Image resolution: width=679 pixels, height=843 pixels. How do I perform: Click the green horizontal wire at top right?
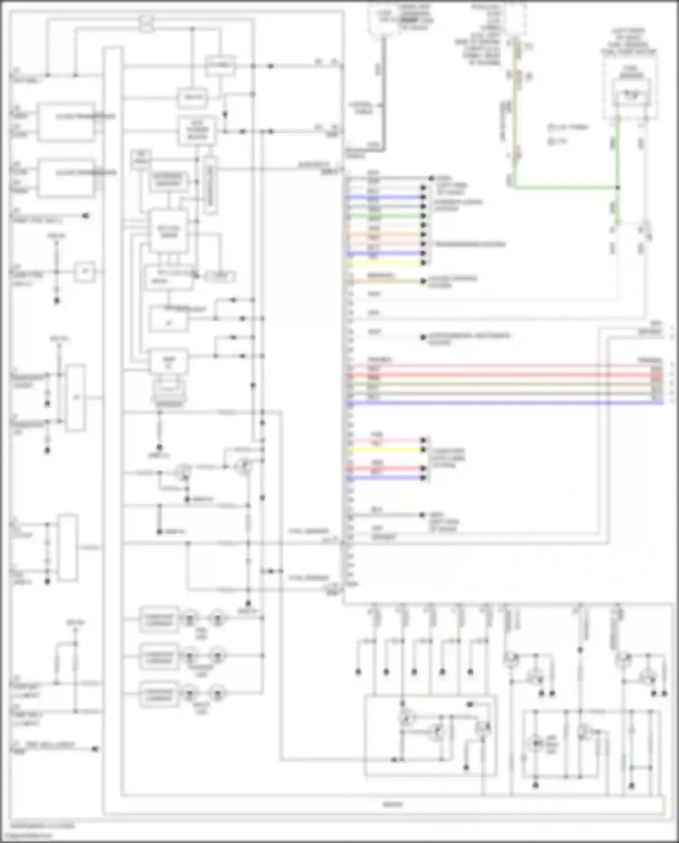566,187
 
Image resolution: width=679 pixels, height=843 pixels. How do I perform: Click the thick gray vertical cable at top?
384,91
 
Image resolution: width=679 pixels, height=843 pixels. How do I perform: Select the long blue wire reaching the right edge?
498,402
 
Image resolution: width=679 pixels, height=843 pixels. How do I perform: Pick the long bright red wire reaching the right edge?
498,375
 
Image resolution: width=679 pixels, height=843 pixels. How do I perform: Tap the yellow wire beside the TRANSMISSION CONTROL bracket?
385,263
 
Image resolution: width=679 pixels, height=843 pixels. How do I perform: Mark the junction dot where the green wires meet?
617,187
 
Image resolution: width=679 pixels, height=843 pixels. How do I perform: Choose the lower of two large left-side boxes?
67,178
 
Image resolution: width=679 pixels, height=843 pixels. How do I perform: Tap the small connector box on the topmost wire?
146,24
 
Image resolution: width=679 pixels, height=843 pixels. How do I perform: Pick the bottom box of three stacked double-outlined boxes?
158,694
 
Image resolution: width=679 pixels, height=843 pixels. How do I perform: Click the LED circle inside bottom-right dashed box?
536,744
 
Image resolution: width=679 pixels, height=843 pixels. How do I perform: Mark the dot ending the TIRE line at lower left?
95,749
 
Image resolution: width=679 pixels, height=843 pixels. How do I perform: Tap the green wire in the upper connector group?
385,216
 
